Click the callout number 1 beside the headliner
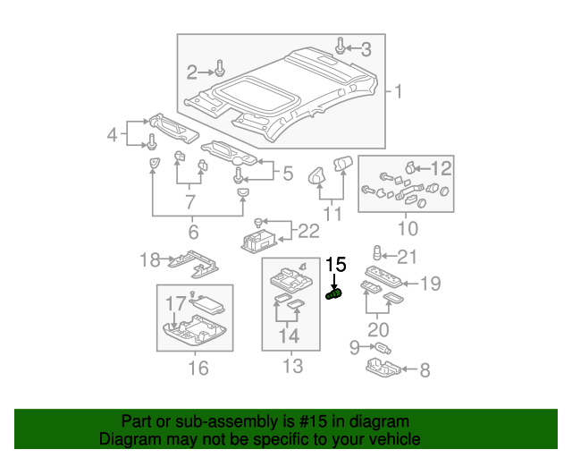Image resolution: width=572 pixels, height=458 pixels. coord(399,92)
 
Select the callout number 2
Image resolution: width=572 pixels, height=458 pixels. coord(191,71)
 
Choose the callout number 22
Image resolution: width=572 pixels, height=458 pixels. coord(307,232)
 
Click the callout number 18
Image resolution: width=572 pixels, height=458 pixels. coord(149,260)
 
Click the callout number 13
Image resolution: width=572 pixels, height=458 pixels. coord(292,366)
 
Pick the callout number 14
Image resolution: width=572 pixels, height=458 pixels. coord(288,337)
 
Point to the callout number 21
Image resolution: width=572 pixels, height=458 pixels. coord(408,258)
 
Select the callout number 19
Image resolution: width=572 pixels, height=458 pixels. coord(431,284)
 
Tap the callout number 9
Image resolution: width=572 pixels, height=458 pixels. coord(354,346)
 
